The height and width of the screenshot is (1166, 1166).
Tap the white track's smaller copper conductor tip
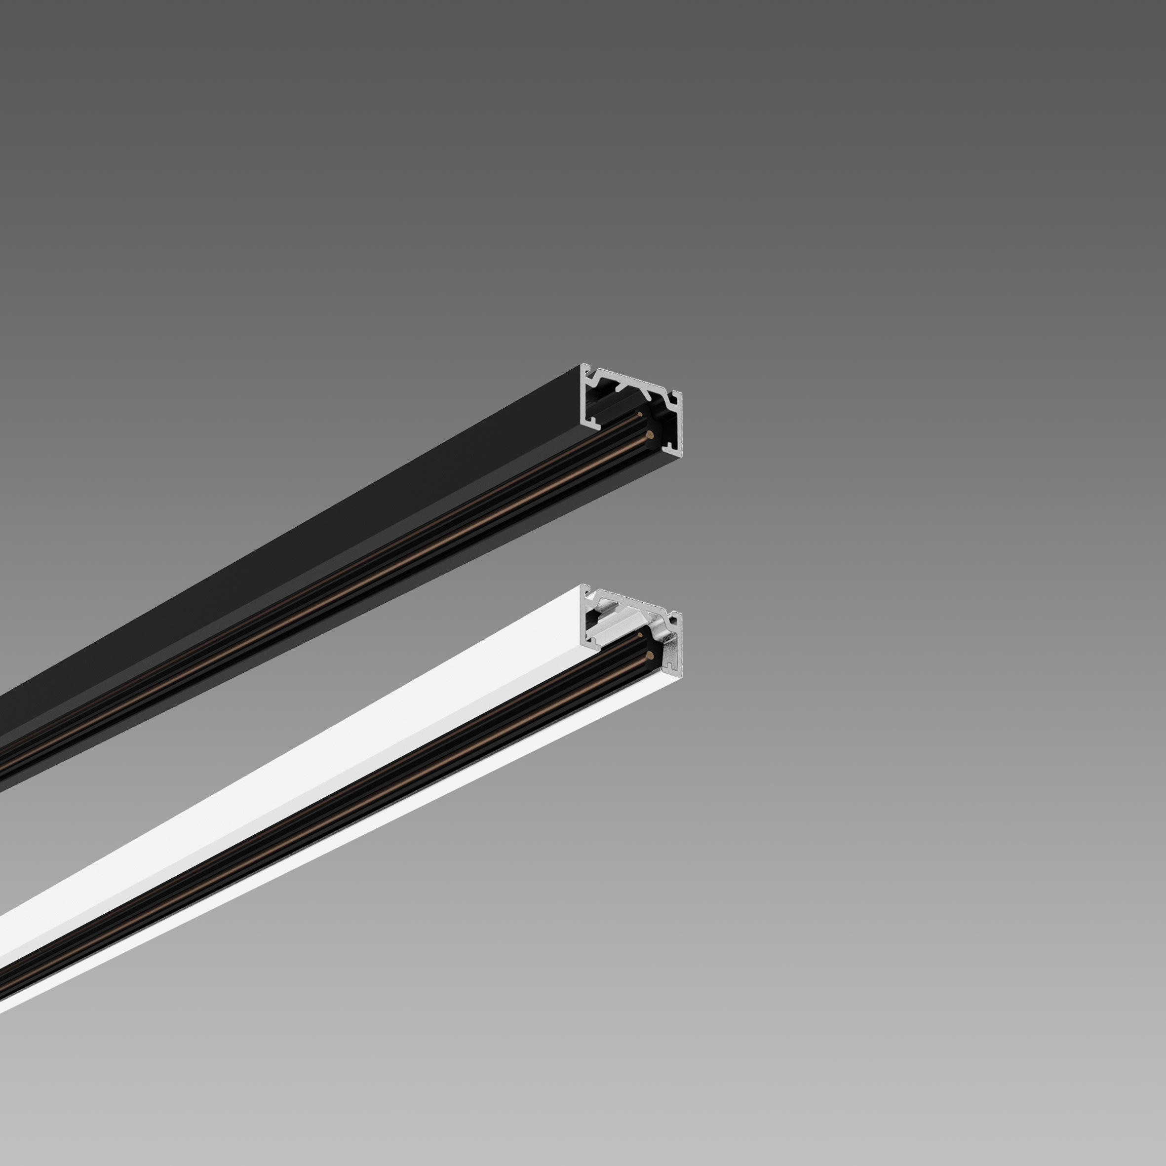click(x=640, y=635)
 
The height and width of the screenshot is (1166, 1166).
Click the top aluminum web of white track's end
click(x=627, y=600)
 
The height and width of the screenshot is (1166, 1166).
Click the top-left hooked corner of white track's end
click(x=585, y=592)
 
